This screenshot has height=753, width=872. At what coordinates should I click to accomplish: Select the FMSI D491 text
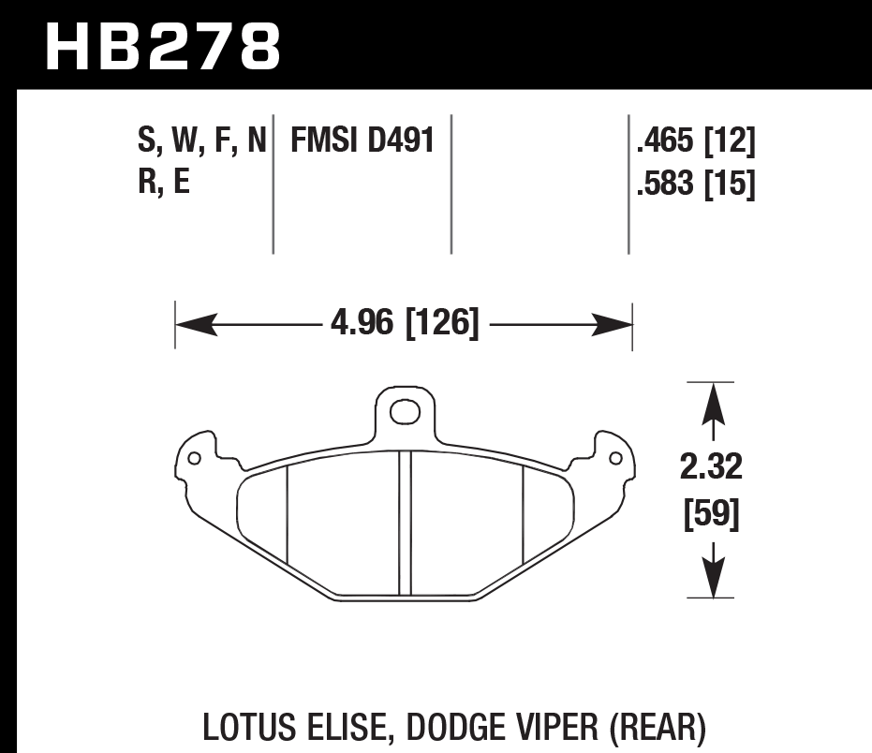tap(362, 142)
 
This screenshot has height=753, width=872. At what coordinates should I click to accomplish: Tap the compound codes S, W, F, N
tap(202, 142)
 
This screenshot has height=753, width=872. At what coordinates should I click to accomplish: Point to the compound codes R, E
tap(163, 182)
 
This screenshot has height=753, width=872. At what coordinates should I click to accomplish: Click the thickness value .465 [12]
tap(694, 143)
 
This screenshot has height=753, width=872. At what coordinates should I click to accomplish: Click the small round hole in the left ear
tap(194, 459)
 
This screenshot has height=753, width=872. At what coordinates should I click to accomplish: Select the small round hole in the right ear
tap(615, 459)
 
